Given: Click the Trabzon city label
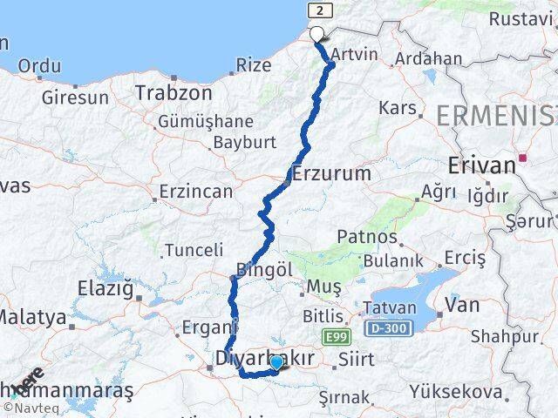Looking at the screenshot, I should click(174, 91).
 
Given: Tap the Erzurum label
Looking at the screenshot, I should click(332, 173).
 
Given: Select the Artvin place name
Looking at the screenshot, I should click(356, 54).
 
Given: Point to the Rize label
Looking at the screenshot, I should click(254, 65).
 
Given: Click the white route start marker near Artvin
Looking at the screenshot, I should click(316, 35).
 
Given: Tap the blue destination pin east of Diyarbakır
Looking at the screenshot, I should click(276, 362).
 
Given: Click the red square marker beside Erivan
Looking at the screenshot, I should click(523, 158).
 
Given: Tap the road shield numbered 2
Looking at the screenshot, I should click(321, 10).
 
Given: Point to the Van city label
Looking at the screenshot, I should click(461, 304).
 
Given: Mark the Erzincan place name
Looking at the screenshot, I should click(196, 191).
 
